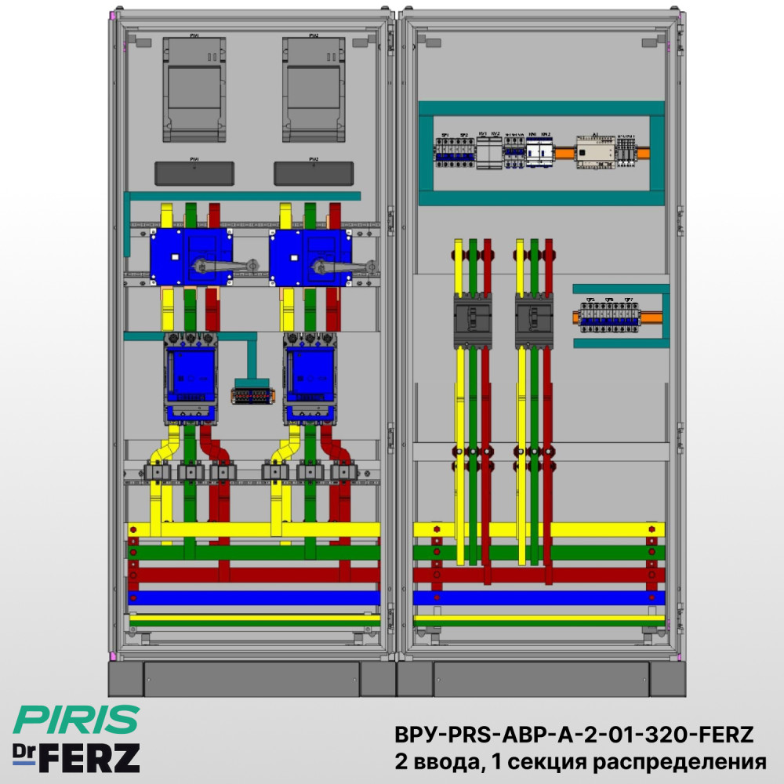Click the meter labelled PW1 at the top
click(x=193, y=89)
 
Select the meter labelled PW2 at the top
click(x=313, y=89)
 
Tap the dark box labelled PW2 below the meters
click(x=313, y=173)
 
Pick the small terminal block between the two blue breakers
click(x=252, y=394)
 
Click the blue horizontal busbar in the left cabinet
click(x=255, y=598)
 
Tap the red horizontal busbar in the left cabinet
click(x=255, y=575)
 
